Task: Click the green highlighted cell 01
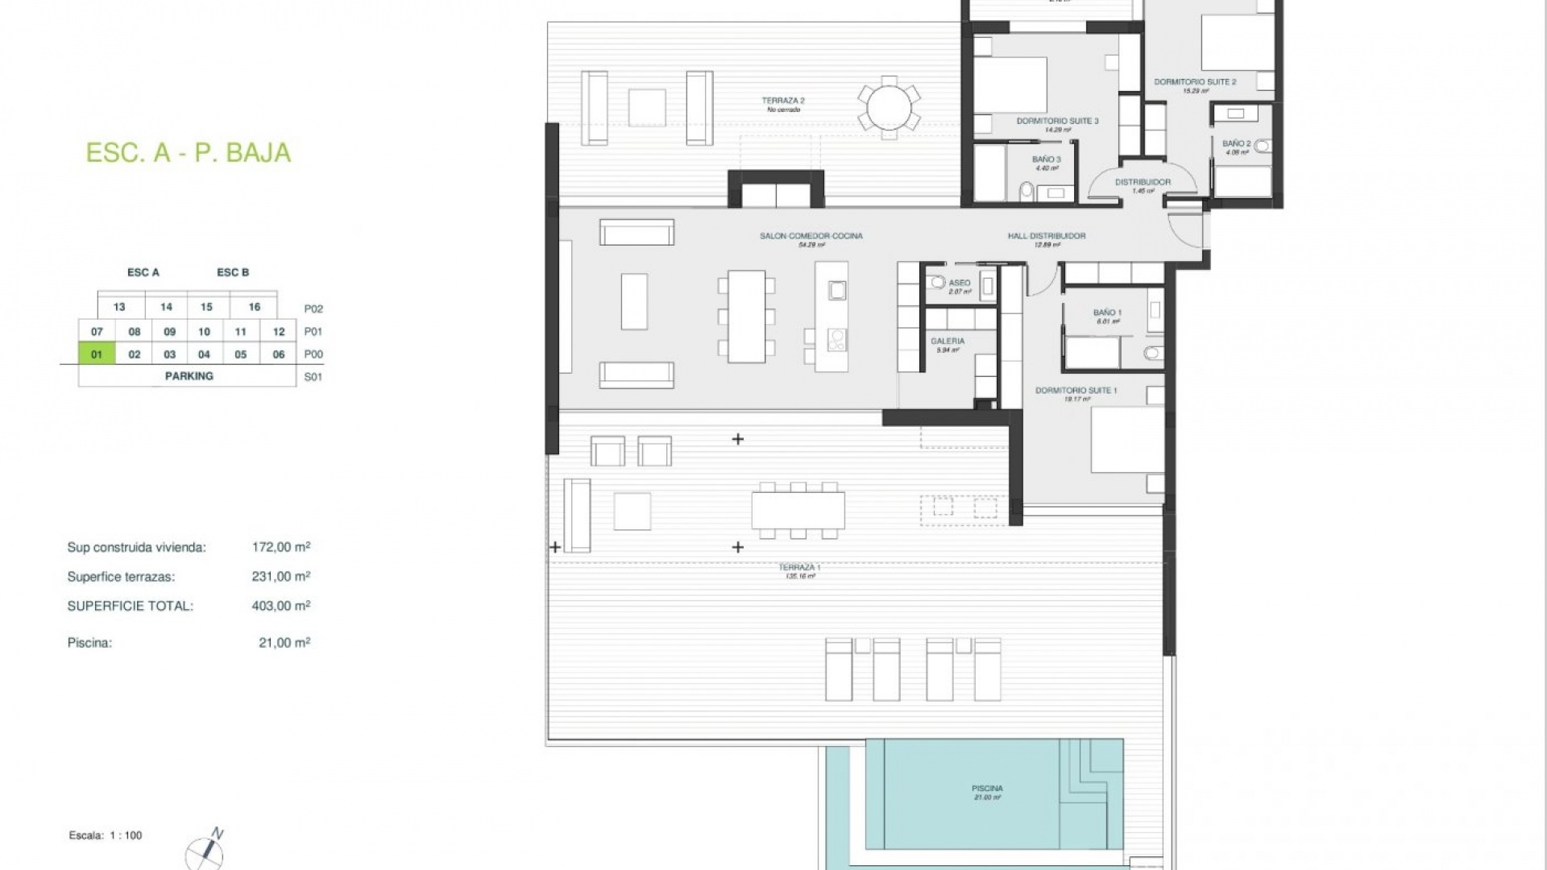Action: tap(97, 354)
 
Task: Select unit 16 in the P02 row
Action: tap(254, 307)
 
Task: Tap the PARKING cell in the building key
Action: tap(189, 376)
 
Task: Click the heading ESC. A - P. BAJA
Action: tap(188, 153)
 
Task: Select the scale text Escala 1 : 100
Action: tap(106, 835)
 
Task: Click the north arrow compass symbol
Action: tap(205, 851)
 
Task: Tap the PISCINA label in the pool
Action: tap(987, 789)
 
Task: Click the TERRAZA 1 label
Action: tap(799, 568)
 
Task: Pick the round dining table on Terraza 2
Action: tap(889, 107)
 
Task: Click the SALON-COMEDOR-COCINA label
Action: tap(811, 236)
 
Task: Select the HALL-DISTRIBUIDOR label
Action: tap(1046, 236)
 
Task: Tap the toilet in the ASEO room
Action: tap(936, 283)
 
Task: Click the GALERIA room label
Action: tap(948, 342)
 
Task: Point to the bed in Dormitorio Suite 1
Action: tap(1126, 440)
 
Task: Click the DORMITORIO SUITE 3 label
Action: tap(1057, 121)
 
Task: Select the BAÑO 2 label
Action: tap(1236, 144)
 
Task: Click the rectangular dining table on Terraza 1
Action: tap(798, 510)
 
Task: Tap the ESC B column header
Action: tap(233, 272)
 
